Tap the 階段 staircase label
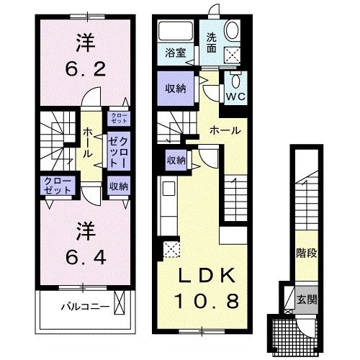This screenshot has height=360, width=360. coord(306,253)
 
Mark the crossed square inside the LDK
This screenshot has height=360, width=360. coord(171,249)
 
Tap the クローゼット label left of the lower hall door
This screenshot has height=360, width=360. coord(56,185)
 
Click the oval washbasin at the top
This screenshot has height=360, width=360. coord(233,31)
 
